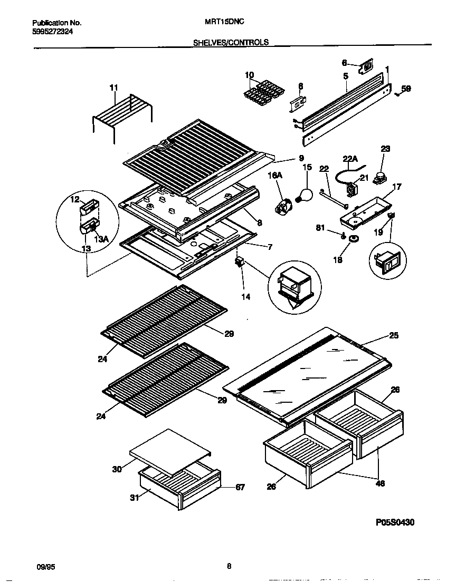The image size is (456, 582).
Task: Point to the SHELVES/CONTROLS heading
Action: pos(231,43)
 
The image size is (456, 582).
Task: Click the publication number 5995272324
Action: pos(53,32)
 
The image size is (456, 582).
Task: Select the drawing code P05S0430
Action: pos(395,522)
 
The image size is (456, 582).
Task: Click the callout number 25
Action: pos(394,335)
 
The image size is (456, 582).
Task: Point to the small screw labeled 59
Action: pos(396,93)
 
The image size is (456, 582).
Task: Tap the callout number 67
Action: pos(240,488)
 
